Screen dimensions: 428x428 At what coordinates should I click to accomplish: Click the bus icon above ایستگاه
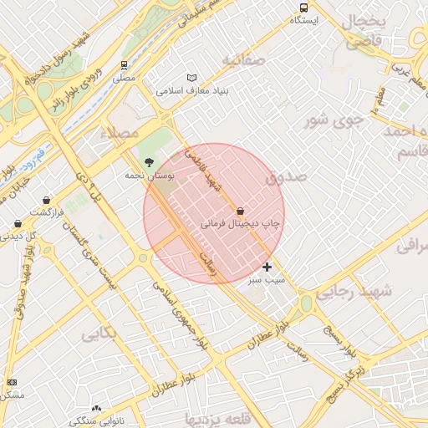pos(303,8)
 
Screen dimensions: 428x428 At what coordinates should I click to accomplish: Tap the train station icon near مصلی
pos(124,64)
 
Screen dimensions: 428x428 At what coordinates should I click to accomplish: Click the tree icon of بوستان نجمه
pos(149,162)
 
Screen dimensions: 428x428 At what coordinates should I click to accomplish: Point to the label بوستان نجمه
pos(149,176)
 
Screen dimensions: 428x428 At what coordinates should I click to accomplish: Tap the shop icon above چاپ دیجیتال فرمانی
pos(241,211)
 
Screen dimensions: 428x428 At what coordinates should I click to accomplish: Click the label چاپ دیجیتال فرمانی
pos(241,224)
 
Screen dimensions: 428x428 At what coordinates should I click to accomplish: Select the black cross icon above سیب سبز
pos(267,267)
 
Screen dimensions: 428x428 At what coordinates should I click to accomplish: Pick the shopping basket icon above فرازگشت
pos(46,200)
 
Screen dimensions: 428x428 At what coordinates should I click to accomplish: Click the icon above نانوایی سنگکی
pos(96,409)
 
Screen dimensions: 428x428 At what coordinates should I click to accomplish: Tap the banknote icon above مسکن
pos(11,382)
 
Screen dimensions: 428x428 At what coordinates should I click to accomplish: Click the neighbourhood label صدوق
pos(281,178)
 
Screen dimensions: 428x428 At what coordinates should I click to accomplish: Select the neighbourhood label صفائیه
pos(243,60)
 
